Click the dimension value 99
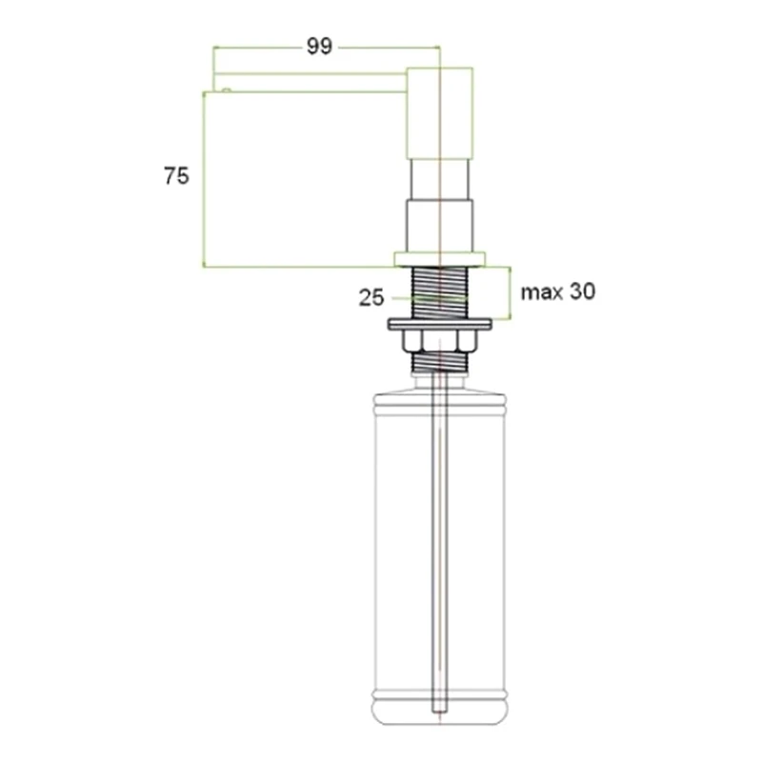pos(319,47)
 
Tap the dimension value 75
pos(176,176)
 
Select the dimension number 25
pos(371,297)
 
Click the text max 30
pos(558,291)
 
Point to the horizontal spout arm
pos(310,82)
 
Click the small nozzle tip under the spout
pos(227,90)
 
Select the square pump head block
pos(439,113)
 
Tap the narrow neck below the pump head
pos(439,179)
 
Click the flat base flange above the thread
pos(439,259)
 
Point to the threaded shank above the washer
pos(439,292)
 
